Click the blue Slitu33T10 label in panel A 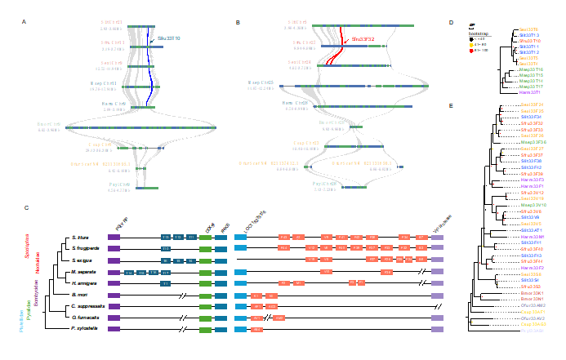click(x=169, y=38)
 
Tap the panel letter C click(x=26, y=208)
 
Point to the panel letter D click(x=463, y=22)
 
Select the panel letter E click(x=463, y=105)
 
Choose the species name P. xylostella click(x=84, y=328)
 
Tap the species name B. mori click(x=79, y=293)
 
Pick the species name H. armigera click(x=84, y=282)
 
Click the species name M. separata click(x=84, y=270)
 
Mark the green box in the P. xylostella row click(x=205, y=328)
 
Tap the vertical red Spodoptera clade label click(x=26, y=244)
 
